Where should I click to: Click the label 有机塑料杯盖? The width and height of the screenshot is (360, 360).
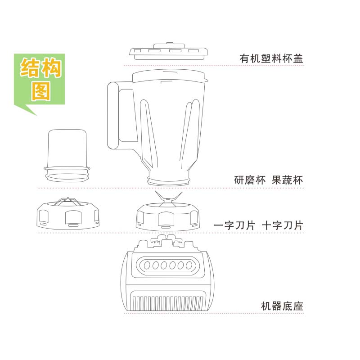coord(271,58)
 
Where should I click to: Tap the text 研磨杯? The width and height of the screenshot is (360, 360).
coord(250,180)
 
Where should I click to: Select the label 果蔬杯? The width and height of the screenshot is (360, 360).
coord(287,180)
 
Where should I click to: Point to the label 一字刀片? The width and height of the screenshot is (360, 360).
coord(234,225)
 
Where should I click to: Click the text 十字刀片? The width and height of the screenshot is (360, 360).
coord(283,225)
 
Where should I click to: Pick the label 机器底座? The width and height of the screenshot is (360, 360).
coord(282,306)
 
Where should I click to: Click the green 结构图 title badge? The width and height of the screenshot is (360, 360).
coord(39,83)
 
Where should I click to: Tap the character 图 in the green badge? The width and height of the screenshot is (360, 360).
coord(41,91)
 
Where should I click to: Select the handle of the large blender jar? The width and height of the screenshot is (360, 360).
coord(112,116)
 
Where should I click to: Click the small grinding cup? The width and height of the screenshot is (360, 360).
coord(67,155)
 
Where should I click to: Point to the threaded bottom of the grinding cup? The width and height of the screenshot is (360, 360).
coord(67,174)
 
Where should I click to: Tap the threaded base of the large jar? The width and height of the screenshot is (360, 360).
coord(169,180)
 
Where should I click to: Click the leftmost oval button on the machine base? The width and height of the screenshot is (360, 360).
coord(147,265)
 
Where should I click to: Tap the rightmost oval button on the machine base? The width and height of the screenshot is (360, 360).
coord(189,265)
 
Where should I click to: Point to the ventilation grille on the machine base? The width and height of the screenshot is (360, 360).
coord(167,302)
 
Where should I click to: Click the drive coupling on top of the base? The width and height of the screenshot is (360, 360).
coord(167,241)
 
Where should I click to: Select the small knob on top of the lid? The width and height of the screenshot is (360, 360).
coord(170,43)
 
